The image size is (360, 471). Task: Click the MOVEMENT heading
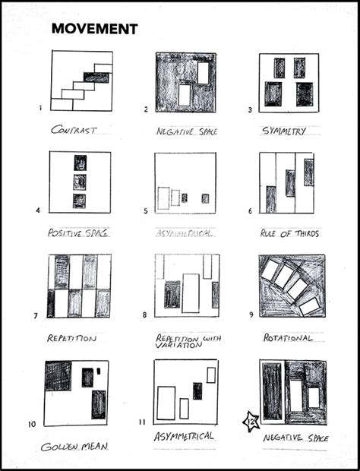coord(94,29)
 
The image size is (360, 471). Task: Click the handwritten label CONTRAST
coord(74,130)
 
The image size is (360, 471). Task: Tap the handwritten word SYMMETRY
coord(283,131)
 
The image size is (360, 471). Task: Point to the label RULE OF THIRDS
coord(289,232)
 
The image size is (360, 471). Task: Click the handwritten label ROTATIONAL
coord(288,337)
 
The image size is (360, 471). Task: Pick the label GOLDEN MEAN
coord(74,446)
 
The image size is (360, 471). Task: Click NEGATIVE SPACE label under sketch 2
coord(186,131)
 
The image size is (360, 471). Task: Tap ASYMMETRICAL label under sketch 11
coord(183,436)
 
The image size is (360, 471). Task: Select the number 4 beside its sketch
coord(38,210)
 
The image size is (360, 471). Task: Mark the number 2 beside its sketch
coord(146,109)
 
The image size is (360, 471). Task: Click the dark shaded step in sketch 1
coord(96,77)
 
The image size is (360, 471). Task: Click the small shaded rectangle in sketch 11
coord(197,390)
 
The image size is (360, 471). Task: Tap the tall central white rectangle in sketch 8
coord(191,293)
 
